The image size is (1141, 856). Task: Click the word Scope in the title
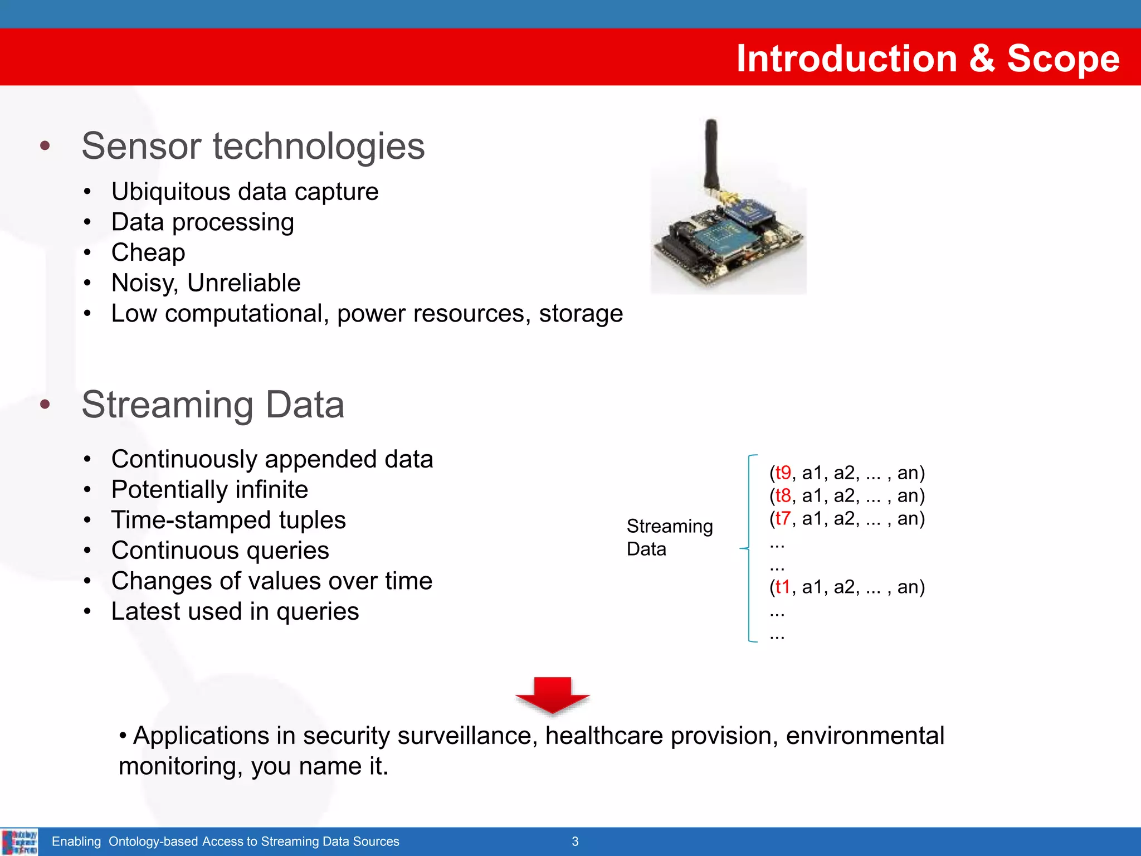point(1062,59)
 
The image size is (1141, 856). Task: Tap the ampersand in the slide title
point(982,59)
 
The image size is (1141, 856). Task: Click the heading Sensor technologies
point(253,146)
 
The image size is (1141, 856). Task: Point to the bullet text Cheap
point(148,252)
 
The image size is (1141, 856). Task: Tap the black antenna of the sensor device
point(711,153)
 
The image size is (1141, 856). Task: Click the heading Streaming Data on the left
point(213,405)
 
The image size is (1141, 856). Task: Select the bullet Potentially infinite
point(209,490)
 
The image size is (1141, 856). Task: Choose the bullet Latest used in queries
point(235,611)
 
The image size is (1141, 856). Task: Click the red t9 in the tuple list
point(783,473)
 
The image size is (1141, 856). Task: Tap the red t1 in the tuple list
point(782,587)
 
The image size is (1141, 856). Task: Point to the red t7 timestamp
point(783,518)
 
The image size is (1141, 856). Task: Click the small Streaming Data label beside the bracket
point(669,537)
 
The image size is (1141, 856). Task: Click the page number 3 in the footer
point(575,842)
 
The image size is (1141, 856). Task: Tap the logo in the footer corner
point(19,842)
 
